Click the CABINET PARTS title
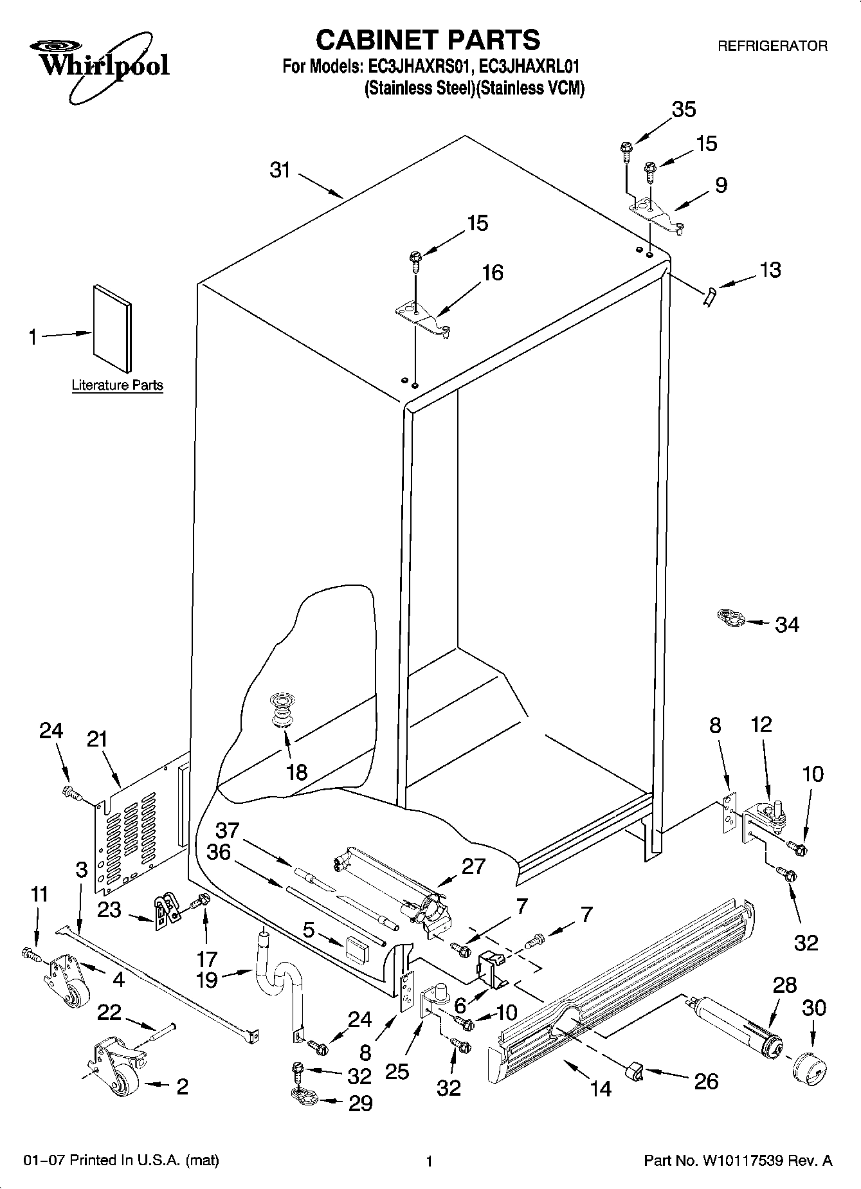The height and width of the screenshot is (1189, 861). (428, 40)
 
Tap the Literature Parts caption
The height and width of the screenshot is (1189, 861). (117, 386)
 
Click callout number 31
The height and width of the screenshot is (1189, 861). (280, 171)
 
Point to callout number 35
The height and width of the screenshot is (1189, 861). (684, 109)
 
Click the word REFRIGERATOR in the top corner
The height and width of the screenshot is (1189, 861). (772, 46)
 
